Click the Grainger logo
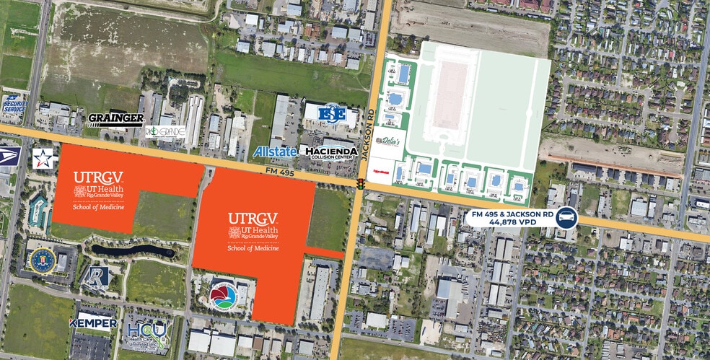pyautogui.click(x=115, y=119)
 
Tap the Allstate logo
pyautogui.click(x=275, y=152)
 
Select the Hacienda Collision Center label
pyautogui.click(x=332, y=152)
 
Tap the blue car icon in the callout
pyautogui.click(x=567, y=217)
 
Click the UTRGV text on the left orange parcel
pyautogui.click(x=98, y=177)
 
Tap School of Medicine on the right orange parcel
pyautogui.click(x=253, y=247)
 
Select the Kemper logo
pyautogui.click(x=92, y=323)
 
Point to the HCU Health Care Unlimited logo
pyautogui.click(x=147, y=335)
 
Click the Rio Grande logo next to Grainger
pyautogui.click(x=165, y=132)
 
